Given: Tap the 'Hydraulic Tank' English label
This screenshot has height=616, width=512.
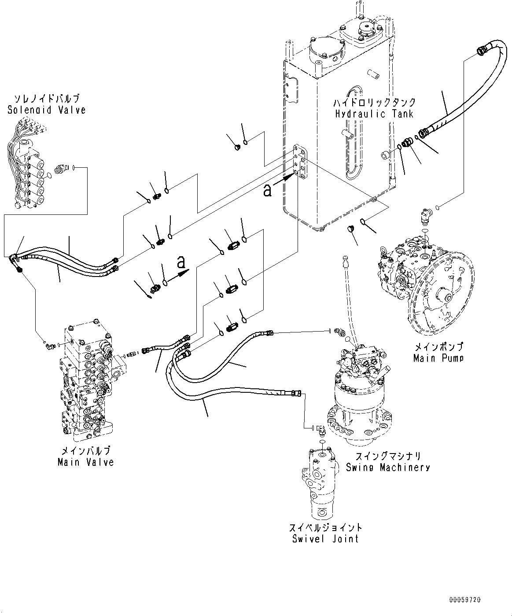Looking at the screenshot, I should point(374,114).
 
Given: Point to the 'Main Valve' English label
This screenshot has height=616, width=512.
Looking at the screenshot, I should point(85,462).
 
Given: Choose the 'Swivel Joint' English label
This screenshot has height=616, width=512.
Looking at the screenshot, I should point(325,539).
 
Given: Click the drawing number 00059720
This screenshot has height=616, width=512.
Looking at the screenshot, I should point(465,600).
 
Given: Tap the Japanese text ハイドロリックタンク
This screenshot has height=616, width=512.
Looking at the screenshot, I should point(374,103).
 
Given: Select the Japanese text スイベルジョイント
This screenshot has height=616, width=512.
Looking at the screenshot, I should point(325,527).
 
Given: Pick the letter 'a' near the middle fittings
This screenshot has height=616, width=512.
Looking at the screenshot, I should point(181,262).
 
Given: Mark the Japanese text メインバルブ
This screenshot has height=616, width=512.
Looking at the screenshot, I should point(85,451).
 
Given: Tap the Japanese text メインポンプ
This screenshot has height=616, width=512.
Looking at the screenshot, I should point(438,347).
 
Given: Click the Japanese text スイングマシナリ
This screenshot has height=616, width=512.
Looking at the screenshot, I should point(387,457).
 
